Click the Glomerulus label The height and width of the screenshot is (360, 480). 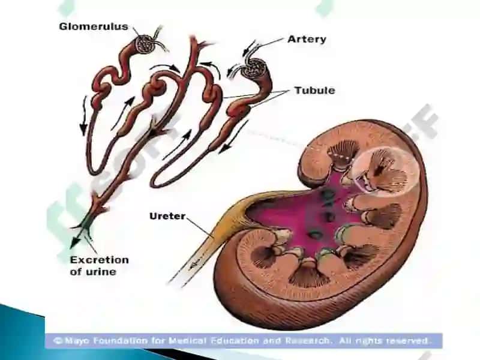coord(94,26)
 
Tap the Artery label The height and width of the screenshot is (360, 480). coord(307,39)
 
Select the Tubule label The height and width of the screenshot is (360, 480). coord(314,91)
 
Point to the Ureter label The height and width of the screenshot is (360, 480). coord(167,216)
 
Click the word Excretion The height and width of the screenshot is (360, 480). coord(100,260)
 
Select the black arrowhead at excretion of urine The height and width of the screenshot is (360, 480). coord(74,242)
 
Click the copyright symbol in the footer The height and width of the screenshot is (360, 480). coord(58,341)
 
